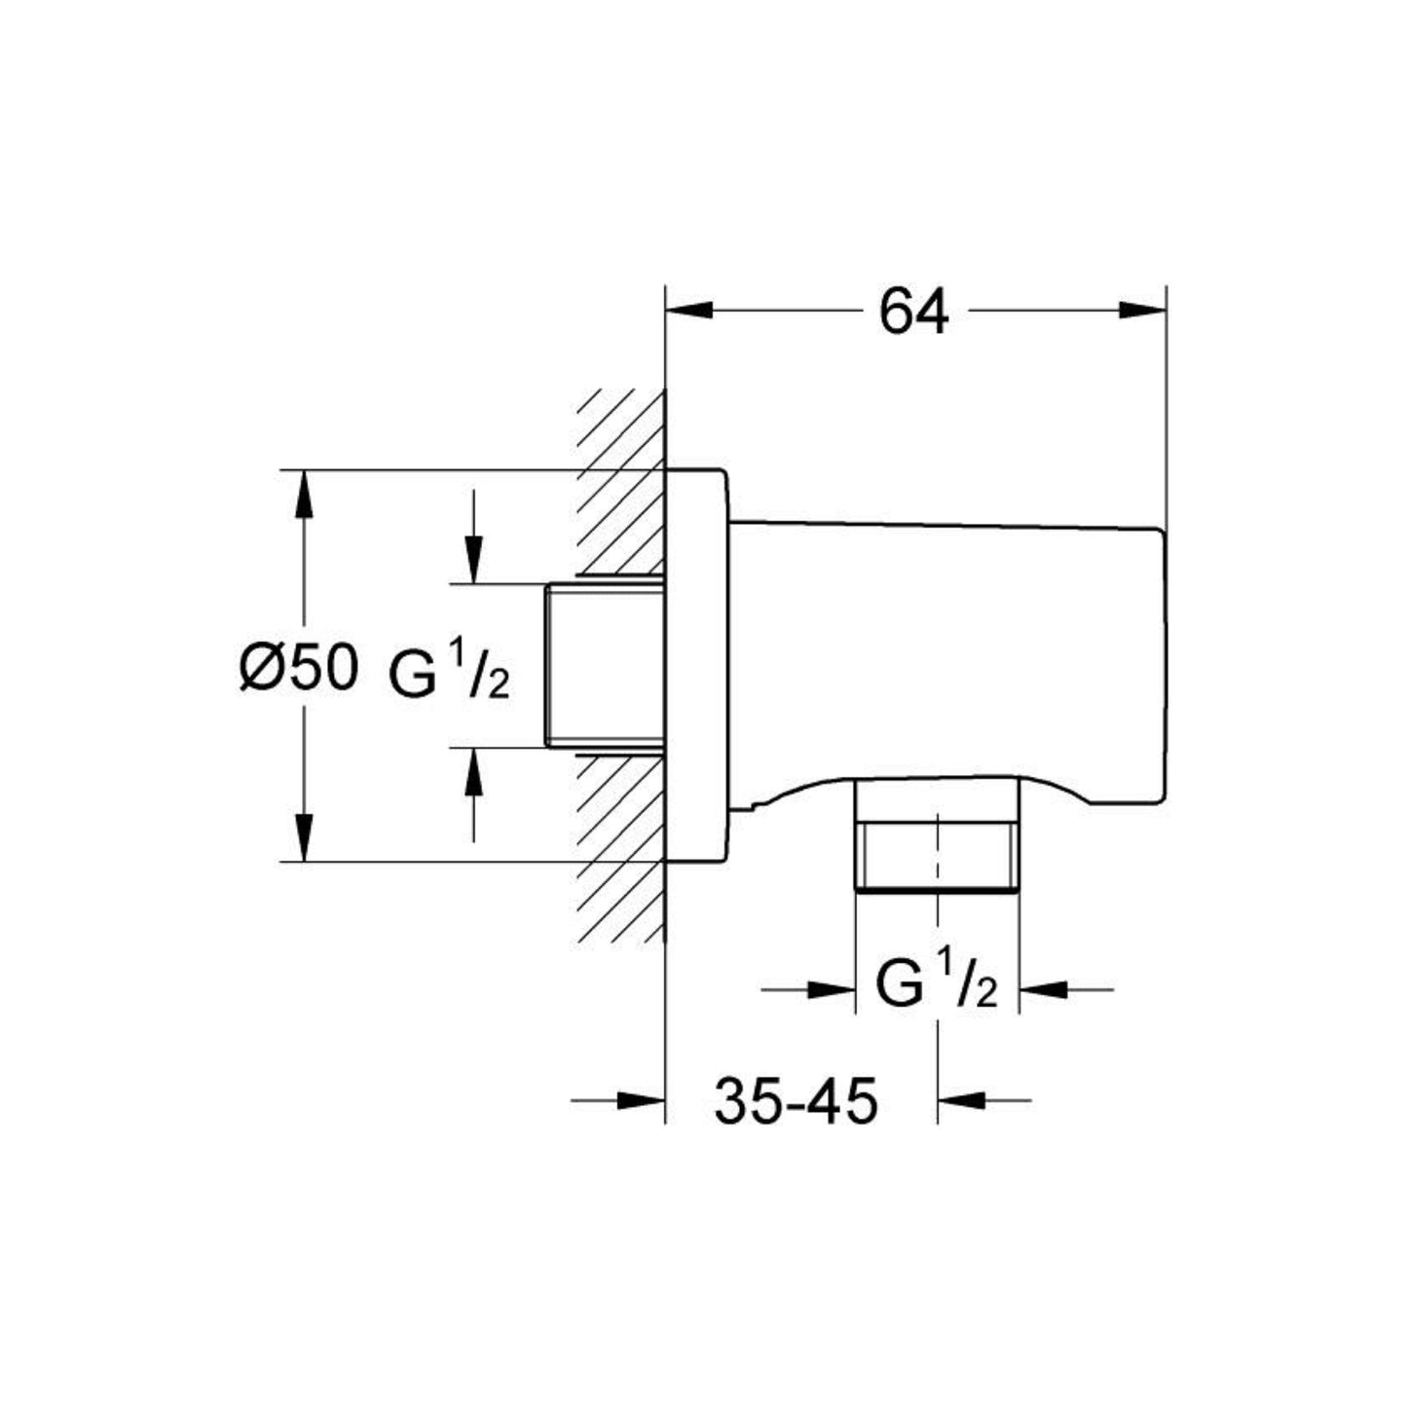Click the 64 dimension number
point(913,314)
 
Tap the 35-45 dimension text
point(796,1102)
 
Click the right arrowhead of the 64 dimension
point(1141,311)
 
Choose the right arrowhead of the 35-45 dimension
point(962,1101)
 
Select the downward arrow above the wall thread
point(473,561)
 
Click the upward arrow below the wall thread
point(473,771)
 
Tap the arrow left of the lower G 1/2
point(831,990)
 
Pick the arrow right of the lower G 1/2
point(1043,990)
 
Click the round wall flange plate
point(696,666)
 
